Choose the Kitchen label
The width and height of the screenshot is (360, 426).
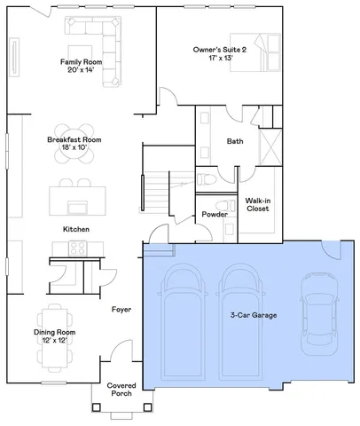click(77, 229)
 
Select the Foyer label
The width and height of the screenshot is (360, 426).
click(121, 310)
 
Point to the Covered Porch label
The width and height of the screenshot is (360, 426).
click(121, 391)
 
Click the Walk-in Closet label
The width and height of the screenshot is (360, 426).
click(258, 206)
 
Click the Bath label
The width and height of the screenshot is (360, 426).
click(235, 141)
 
